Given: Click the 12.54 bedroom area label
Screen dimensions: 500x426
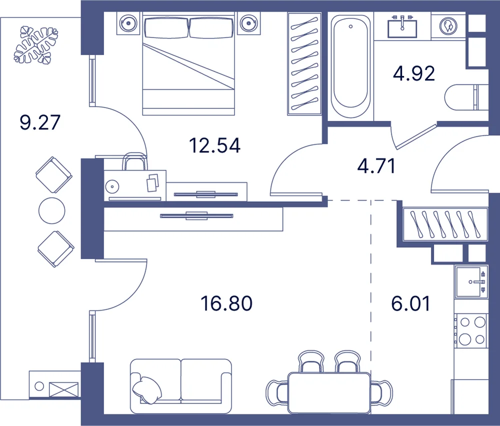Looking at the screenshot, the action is (214, 145).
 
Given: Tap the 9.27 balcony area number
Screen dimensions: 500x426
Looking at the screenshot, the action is (40, 122).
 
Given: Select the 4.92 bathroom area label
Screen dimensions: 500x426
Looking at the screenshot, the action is (414, 74).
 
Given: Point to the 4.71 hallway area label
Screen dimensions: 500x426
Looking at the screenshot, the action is (376, 166).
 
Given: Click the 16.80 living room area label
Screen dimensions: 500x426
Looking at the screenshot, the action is (226, 303).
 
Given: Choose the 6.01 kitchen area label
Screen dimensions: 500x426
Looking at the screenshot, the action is (410, 303).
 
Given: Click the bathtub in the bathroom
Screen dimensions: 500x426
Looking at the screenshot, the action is (350, 66).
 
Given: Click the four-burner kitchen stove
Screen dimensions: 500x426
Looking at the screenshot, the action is (471, 331).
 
